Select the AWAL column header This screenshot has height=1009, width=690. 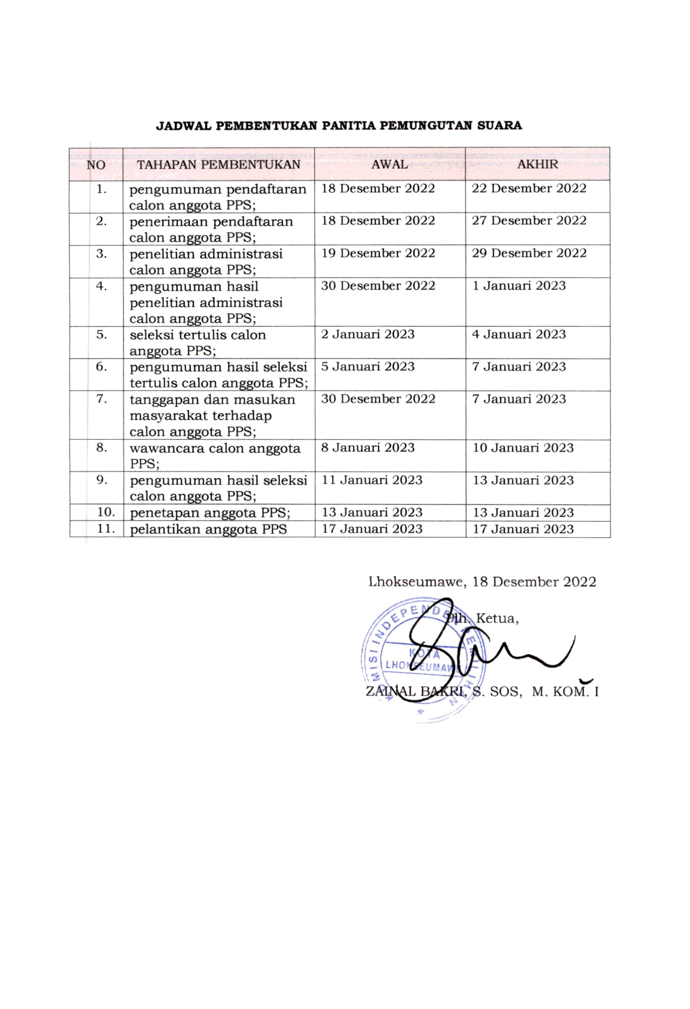[x=389, y=164]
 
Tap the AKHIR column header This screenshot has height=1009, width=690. [x=537, y=164]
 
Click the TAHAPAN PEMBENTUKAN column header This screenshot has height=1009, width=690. [x=218, y=164]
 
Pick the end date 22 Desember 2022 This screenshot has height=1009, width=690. [x=529, y=189]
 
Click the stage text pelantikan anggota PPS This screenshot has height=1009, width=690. [x=208, y=529]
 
